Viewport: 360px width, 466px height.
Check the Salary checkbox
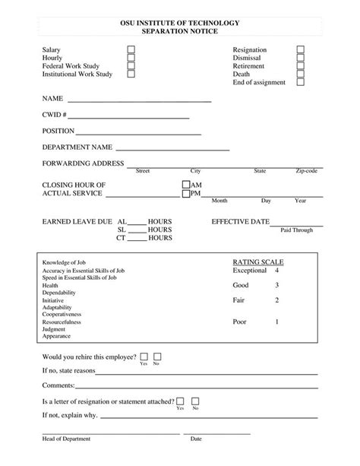point(131,49)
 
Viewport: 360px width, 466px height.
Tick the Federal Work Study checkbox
point(131,66)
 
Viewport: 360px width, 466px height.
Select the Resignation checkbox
point(300,49)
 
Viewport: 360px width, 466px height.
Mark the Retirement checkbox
point(300,66)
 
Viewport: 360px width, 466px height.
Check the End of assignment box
point(300,83)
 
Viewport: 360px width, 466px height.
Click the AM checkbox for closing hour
point(186,185)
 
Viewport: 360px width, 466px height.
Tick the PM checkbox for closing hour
point(186,194)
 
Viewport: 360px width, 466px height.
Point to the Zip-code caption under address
point(307,171)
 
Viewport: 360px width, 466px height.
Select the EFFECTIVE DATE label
point(240,221)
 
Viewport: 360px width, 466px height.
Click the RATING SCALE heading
point(257,262)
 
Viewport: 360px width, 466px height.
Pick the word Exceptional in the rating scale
point(250,271)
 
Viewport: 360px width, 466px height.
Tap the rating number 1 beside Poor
point(276,322)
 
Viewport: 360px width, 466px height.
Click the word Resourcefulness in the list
point(62,322)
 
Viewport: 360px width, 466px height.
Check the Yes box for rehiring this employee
point(144,356)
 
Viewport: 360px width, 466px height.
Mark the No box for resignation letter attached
point(195,401)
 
